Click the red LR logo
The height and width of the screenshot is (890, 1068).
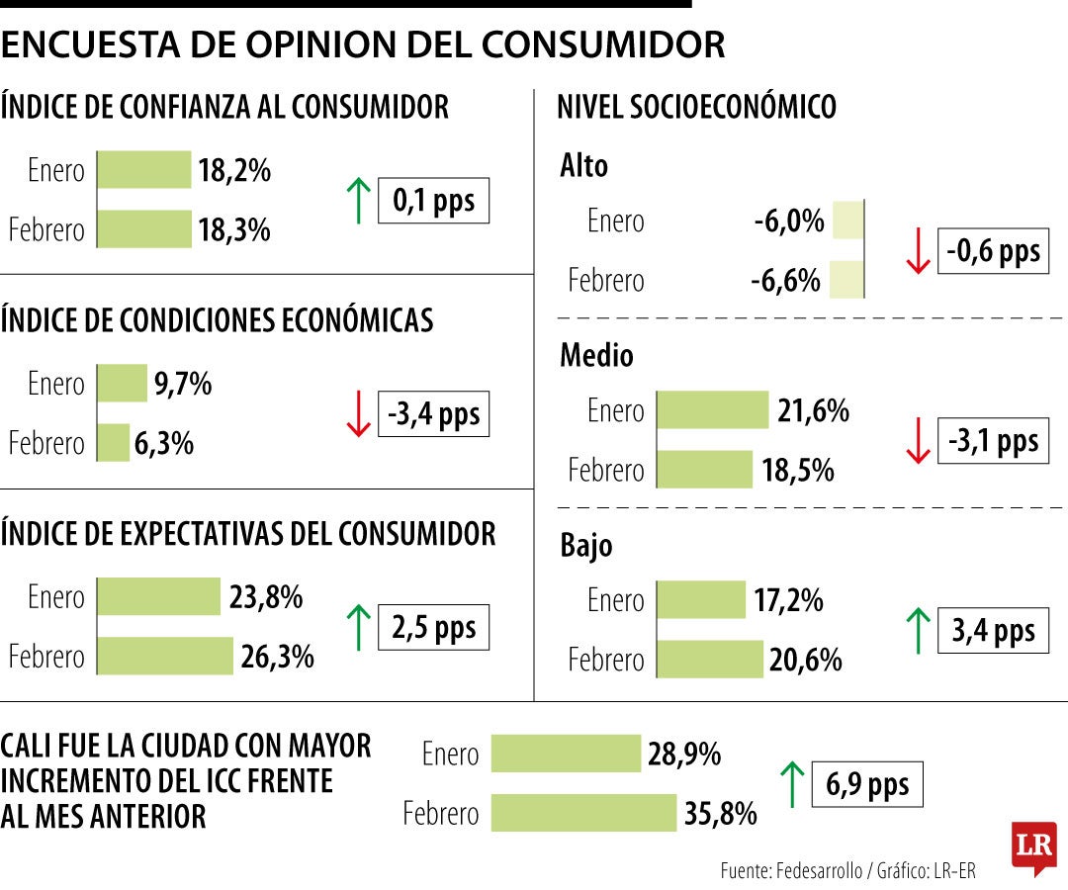click(x=1033, y=845)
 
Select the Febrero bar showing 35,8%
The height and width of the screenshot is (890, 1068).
click(x=583, y=813)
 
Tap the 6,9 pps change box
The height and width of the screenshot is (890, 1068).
click(x=866, y=785)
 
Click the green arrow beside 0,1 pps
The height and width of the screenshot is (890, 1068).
click(x=358, y=201)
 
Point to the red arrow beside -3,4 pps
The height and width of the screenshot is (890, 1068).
click(x=358, y=414)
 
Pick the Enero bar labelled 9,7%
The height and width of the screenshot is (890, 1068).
click(x=122, y=383)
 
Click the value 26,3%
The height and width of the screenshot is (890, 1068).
click(x=277, y=656)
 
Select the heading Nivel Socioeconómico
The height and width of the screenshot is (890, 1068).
click(x=696, y=107)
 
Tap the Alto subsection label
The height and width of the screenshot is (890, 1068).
click(x=583, y=166)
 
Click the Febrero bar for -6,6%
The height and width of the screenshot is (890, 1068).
click(x=845, y=280)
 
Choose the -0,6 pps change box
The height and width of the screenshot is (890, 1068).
click(x=993, y=251)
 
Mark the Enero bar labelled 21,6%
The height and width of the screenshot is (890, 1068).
click(x=712, y=409)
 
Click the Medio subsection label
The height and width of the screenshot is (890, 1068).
click(x=596, y=355)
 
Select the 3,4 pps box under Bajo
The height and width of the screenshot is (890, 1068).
click(x=993, y=631)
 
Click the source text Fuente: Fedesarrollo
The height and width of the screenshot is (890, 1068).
click(x=791, y=870)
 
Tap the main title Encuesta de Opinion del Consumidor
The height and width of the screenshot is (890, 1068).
click(x=363, y=44)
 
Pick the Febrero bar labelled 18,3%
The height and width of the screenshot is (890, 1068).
click(x=144, y=229)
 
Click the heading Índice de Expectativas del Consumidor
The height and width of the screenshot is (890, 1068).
click(x=248, y=534)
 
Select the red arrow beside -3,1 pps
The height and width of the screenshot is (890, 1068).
click(x=918, y=441)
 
